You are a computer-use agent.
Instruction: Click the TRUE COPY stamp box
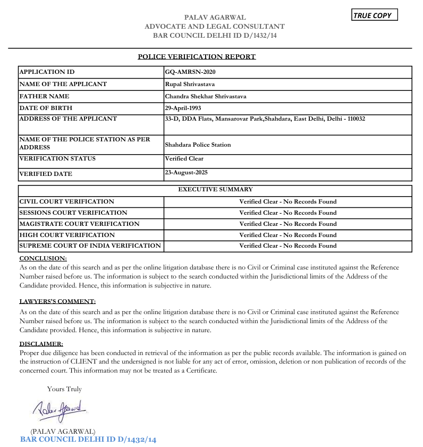click(x=375, y=15)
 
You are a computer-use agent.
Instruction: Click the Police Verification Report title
click(x=197, y=56)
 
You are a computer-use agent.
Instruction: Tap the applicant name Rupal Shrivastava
click(x=190, y=84)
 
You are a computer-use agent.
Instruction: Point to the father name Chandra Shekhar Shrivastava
click(x=206, y=96)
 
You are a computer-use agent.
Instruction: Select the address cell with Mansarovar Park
click(x=265, y=119)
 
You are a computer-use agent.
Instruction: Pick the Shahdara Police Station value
click(x=198, y=145)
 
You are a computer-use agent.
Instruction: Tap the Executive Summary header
click(x=215, y=189)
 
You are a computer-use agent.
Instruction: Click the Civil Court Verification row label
click(x=66, y=201)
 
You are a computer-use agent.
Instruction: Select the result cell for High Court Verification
click(x=287, y=235)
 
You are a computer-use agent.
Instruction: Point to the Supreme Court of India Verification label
click(x=90, y=246)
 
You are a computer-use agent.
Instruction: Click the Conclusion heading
click(x=43, y=258)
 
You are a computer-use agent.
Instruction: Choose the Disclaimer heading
click(x=41, y=344)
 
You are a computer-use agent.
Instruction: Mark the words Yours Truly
click(x=64, y=389)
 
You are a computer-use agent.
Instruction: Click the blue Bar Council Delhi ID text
click(x=88, y=440)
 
